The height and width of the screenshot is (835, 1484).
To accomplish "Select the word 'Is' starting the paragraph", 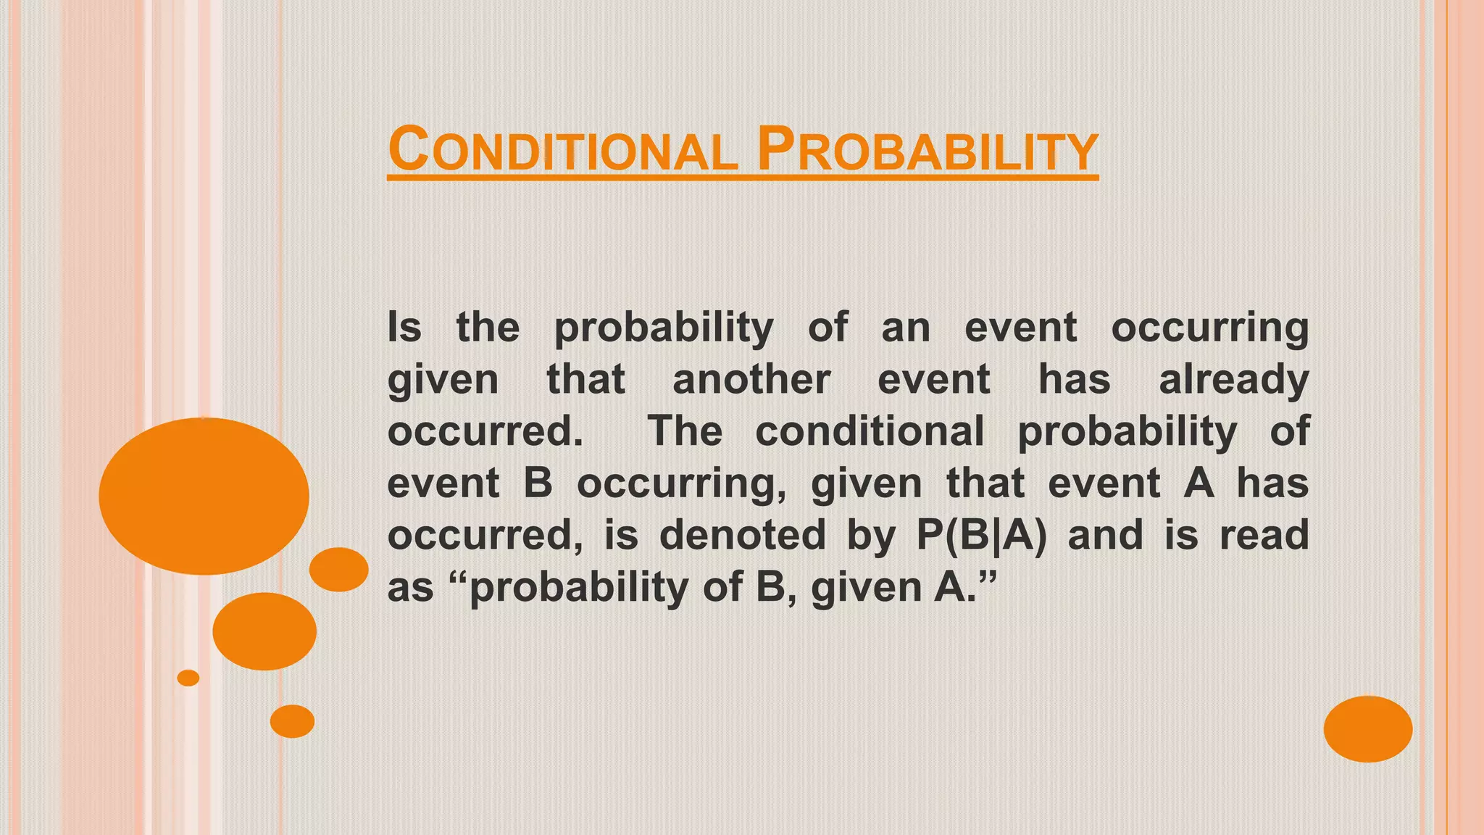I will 404,327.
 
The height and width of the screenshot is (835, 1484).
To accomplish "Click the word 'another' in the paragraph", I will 751,379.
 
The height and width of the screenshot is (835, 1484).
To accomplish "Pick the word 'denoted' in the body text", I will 743,535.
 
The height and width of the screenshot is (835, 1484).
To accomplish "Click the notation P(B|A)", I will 982,536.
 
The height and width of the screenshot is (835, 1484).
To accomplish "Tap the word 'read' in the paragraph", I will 1264,535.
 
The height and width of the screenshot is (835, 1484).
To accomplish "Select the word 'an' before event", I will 906,328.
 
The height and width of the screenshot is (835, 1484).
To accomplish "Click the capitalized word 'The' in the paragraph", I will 685,431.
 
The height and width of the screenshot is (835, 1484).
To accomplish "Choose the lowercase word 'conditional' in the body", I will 870,431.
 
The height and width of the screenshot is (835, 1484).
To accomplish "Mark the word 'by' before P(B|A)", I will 871,536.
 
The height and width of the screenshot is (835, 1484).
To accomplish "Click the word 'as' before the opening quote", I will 410,587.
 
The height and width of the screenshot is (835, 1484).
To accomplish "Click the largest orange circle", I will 204,496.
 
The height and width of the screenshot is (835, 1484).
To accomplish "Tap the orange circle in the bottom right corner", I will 1367,728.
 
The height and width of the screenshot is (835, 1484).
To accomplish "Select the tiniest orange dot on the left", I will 188,678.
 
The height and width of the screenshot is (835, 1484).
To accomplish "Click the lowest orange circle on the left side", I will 292,721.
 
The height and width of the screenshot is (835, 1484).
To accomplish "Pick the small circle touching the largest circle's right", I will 338,569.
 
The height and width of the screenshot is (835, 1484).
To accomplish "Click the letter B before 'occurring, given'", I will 538,483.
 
